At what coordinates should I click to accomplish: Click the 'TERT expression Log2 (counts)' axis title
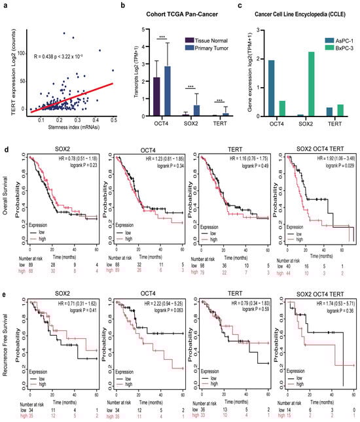(6, 65)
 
